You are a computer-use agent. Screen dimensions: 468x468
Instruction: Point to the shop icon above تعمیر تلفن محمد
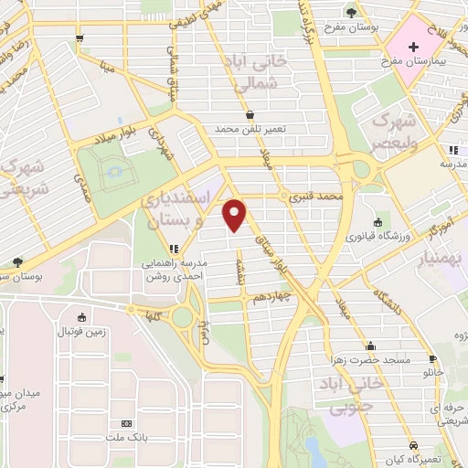tap(250, 115)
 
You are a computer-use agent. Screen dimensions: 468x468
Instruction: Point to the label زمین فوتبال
tap(82, 332)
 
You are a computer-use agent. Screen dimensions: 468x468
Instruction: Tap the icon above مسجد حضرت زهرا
tap(370, 346)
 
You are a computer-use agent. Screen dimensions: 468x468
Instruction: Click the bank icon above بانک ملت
tap(125, 424)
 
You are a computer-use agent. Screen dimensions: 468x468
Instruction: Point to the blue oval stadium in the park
tap(113, 170)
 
